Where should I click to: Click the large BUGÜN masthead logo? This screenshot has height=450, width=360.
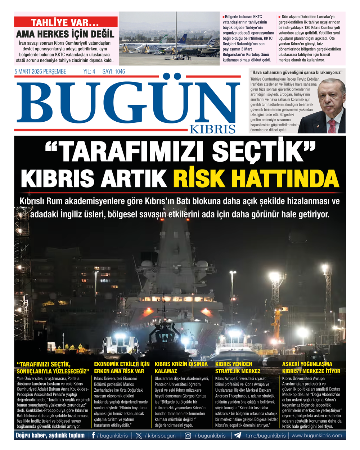click(128, 103)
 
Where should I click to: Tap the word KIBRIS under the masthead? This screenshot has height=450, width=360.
click(212, 129)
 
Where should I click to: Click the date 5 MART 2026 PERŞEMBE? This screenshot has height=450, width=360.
click(40, 72)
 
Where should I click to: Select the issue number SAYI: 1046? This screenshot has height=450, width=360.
click(114, 72)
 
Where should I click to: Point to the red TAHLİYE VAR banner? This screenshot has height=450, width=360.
click(66, 22)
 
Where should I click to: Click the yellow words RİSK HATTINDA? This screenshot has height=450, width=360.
click(256, 178)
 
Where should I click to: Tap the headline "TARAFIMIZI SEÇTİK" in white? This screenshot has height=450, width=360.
click(180, 152)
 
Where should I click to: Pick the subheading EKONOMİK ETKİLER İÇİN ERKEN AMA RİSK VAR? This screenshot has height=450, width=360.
click(122, 368)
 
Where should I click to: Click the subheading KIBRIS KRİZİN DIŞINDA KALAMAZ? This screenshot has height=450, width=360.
click(181, 368)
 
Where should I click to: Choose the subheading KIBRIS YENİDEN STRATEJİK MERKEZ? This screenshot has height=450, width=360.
click(238, 368)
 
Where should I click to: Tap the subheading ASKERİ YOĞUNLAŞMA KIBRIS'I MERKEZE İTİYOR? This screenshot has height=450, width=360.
click(311, 368)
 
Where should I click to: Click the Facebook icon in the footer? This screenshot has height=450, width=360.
click(94, 436)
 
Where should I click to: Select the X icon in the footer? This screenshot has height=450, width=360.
click(139, 436)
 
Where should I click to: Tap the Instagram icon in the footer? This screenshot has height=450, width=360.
click(188, 436)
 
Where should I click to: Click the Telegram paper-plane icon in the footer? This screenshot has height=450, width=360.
click(237, 436)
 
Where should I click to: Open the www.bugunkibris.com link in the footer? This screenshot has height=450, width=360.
click(317, 436)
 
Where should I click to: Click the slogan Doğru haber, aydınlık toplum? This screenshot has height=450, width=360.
click(50, 436)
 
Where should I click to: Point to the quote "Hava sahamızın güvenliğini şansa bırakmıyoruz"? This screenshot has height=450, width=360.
click(297, 72)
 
